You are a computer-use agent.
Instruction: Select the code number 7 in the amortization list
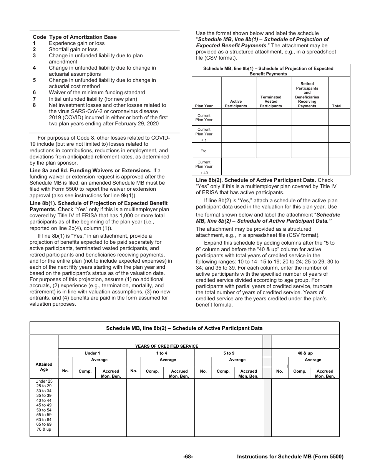[x=34, y=99]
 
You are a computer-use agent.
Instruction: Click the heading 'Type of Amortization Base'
[x=83, y=37]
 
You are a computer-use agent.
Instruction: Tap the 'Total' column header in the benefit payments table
[x=336, y=106]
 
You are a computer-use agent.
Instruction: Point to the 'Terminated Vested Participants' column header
[x=270, y=102]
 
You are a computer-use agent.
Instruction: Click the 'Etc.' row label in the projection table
[x=204, y=151]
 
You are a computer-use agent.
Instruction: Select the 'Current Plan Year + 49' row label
[x=204, y=167]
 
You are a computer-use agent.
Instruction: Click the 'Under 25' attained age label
[x=44, y=381]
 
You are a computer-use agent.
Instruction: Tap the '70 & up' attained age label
[x=44, y=429]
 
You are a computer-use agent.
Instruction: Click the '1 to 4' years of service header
[x=161, y=353]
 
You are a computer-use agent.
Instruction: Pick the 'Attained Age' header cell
[x=44, y=366]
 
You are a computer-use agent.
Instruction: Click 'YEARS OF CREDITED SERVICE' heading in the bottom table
[x=167, y=346]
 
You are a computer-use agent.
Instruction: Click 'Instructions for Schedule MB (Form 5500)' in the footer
[x=290, y=456]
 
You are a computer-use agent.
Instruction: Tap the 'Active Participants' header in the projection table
[x=236, y=103]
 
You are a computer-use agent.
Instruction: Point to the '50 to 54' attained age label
[x=44, y=410]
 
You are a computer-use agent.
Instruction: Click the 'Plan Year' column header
[x=204, y=106]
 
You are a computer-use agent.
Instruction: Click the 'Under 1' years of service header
[x=92, y=353]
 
